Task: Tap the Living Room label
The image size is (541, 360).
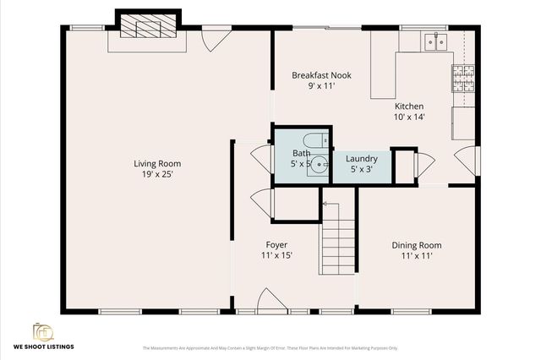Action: pyautogui.click(x=157, y=164)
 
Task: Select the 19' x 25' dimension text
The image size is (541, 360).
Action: pyautogui.click(x=157, y=174)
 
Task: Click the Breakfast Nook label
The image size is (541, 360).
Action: pyautogui.click(x=321, y=75)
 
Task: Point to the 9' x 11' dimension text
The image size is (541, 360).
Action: pyautogui.click(x=321, y=86)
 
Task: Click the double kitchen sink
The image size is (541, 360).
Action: pyautogui.click(x=436, y=40)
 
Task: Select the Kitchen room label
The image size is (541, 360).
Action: pyautogui.click(x=409, y=106)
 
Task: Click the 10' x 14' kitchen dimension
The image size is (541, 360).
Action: pyautogui.click(x=409, y=117)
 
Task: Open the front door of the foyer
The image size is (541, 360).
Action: pyautogui.click(x=270, y=300)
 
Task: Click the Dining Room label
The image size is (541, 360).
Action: pyautogui.click(x=416, y=245)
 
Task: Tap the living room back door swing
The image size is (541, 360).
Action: pyautogui.click(x=216, y=38)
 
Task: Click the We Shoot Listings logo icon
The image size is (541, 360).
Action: pyautogui.click(x=42, y=330)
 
